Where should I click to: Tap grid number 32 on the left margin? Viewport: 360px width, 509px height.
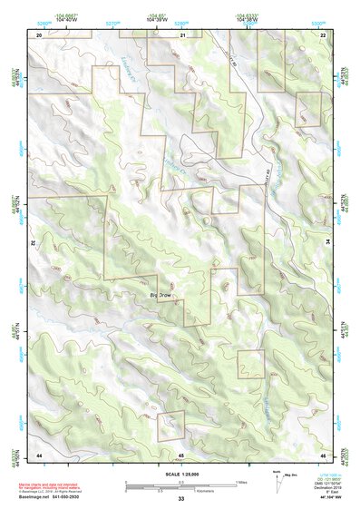click(x=32, y=243)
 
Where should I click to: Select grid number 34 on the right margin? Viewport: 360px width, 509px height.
click(x=328, y=243)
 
